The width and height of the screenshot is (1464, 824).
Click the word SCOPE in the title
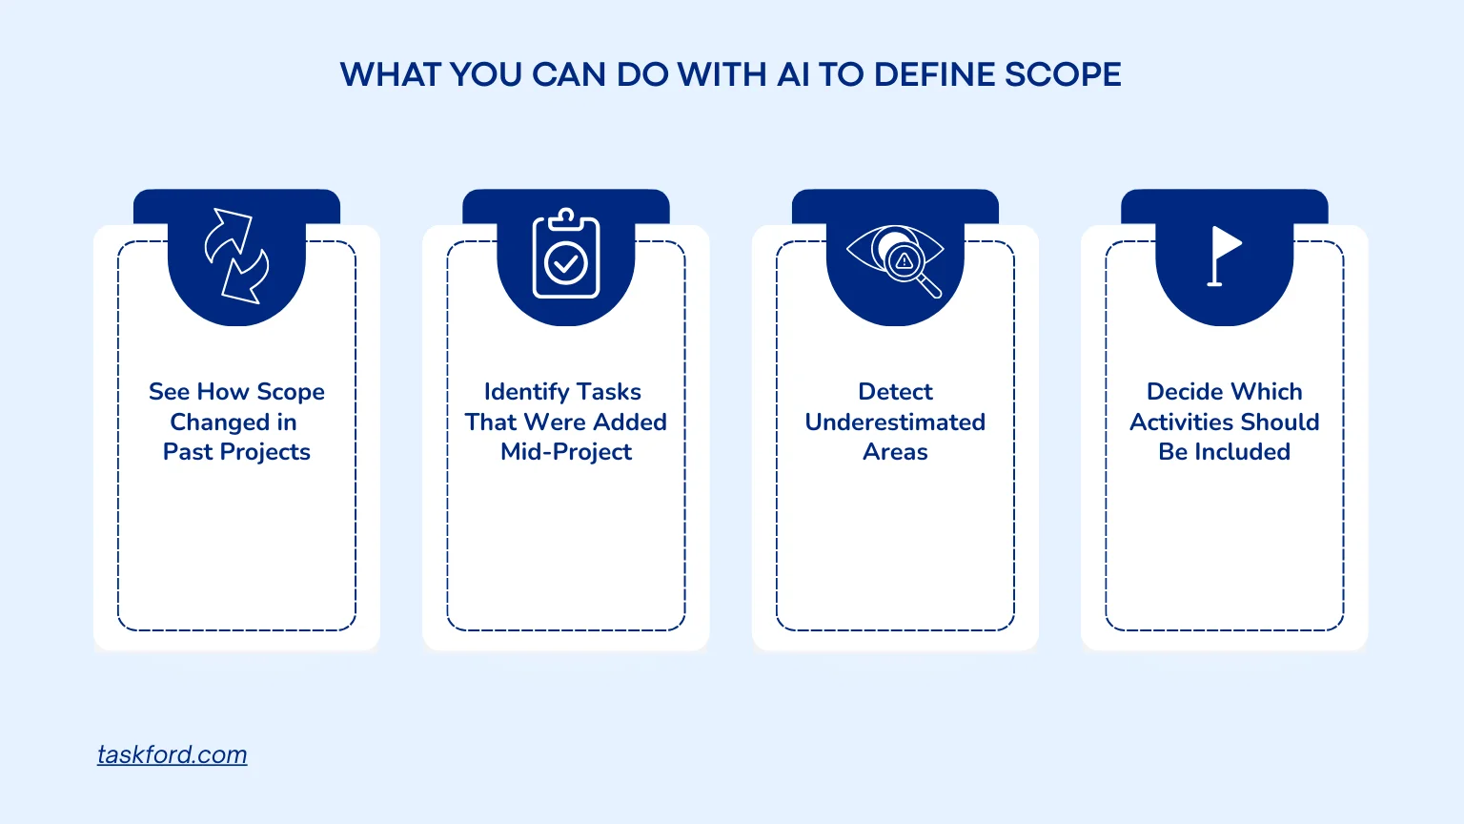tap(1063, 74)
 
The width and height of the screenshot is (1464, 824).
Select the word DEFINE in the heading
tap(933, 74)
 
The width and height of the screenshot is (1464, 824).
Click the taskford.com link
tap(172, 754)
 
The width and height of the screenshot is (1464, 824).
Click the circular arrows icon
tap(236, 257)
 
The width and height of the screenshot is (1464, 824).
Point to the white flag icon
tap(1224, 256)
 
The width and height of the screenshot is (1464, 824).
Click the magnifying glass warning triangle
tap(904, 261)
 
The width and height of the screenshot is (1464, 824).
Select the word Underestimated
tap(895, 422)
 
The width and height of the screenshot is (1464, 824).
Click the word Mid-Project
tap(566, 452)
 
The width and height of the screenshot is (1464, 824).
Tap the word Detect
tap(895, 391)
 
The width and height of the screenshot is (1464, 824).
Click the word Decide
tap(1180, 391)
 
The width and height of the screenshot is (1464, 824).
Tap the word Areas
tap(895, 452)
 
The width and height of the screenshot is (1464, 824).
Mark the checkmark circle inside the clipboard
tap(566, 263)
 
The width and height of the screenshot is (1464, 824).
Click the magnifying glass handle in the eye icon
tap(930, 286)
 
